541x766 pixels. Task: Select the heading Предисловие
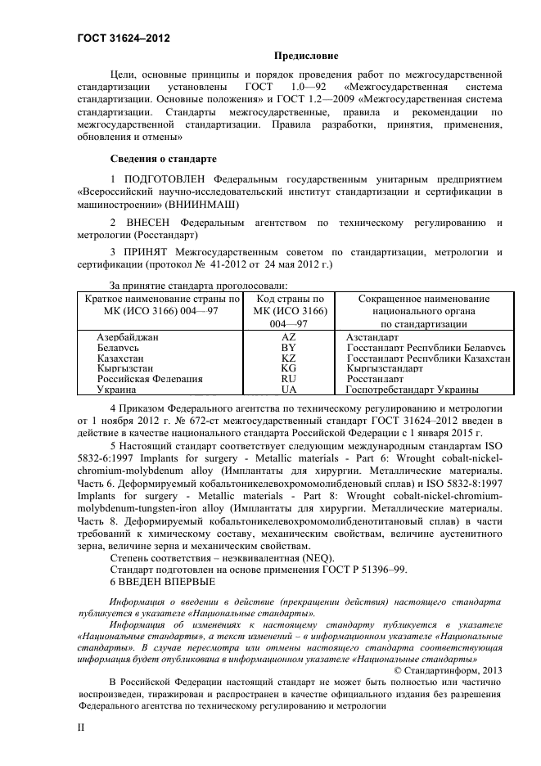click(x=305, y=56)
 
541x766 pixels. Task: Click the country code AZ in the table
click(x=288, y=337)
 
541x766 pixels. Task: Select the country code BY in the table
click(x=288, y=348)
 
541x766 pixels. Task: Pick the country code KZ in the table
click(x=288, y=358)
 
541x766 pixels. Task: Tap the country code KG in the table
click(x=288, y=369)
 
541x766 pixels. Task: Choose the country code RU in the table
click(x=288, y=380)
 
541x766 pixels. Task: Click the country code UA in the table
click(x=288, y=390)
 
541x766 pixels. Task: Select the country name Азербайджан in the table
click(x=128, y=337)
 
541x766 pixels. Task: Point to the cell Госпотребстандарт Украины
click(x=412, y=390)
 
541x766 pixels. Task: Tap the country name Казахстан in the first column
click(x=122, y=358)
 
